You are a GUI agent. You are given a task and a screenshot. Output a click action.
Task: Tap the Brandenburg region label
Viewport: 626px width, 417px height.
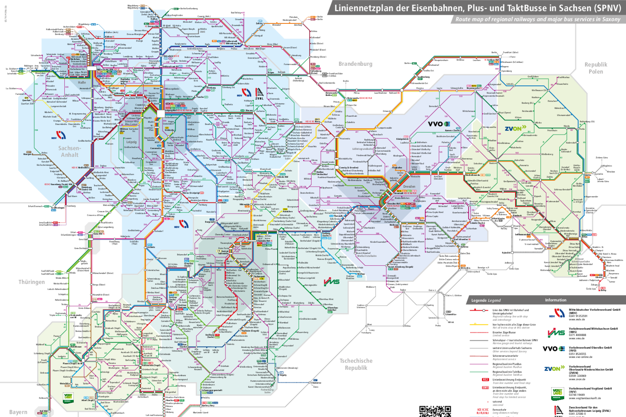click(x=355, y=64)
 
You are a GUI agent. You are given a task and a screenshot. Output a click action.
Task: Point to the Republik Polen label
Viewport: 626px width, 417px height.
click(x=596, y=68)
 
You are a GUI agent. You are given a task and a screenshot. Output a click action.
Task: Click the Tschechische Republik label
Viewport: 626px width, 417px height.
click(x=356, y=364)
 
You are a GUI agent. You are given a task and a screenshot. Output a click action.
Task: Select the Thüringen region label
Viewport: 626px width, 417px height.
click(x=32, y=282)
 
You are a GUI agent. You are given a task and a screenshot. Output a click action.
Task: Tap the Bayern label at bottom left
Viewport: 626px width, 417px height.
click(x=18, y=412)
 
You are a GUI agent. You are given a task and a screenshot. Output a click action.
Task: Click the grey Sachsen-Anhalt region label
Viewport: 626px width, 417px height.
click(x=69, y=151)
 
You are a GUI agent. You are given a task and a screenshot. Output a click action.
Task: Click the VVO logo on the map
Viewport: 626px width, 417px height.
click(x=439, y=124)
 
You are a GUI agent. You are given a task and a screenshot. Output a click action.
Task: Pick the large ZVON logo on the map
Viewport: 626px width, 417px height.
click(x=516, y=129)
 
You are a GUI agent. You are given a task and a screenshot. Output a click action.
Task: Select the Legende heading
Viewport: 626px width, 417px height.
click(x=486, y=300)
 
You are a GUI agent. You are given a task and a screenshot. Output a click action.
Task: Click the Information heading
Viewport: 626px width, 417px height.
click(x=556, y=300)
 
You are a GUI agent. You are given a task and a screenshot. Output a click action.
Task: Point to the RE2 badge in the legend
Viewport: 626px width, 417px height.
click(x=485, y=380)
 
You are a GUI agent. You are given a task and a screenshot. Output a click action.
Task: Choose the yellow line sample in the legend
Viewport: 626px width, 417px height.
click(x=479, y=324)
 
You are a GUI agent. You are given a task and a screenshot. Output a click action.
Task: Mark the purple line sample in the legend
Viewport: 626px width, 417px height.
click(x=479, y=364)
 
